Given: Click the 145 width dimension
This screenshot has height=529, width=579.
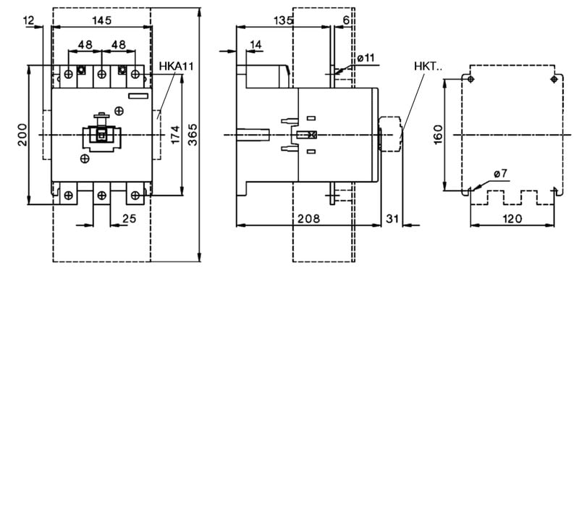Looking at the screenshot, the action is (x=102, y=20).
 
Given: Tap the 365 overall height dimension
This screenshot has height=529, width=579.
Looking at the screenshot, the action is (x=193, y=135).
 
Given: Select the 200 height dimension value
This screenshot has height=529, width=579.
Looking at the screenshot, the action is (x=22, y=135).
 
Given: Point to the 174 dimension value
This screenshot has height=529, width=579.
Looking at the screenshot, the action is (x=175, y=135).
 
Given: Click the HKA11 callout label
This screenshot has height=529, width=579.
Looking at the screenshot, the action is (x=176, y=67).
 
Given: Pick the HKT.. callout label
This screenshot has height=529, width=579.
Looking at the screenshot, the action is (x=428, y=67).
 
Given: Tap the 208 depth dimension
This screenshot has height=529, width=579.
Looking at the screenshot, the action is (x=309, y=219).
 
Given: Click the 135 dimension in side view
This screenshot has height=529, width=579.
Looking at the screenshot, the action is (x=283, y=20).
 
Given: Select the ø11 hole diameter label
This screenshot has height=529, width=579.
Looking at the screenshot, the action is (x=365, y=58).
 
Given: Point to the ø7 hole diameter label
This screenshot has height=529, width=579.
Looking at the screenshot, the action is (x=500, y=173).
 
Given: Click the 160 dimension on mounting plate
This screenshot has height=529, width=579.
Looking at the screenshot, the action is (x=438, y=135).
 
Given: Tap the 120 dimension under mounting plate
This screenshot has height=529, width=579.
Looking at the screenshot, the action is (x=512, y=219).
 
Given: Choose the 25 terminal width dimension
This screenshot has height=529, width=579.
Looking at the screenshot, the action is (x=130, y=219).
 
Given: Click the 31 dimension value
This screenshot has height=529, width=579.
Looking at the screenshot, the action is (x=392, y=219).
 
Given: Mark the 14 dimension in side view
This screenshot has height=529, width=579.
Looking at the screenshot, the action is (x=255, y=45).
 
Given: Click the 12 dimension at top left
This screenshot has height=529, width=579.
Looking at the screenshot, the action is (x=29, y=20).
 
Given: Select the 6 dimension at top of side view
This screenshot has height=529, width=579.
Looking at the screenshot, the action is (x=346, y=20).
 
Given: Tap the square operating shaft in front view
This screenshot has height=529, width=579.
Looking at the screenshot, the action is (x=101, y=136).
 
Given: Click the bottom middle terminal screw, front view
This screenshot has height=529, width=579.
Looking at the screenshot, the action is (x=101, y=195).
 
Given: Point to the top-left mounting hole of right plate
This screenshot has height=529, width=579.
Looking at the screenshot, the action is (x=470, y=79).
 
